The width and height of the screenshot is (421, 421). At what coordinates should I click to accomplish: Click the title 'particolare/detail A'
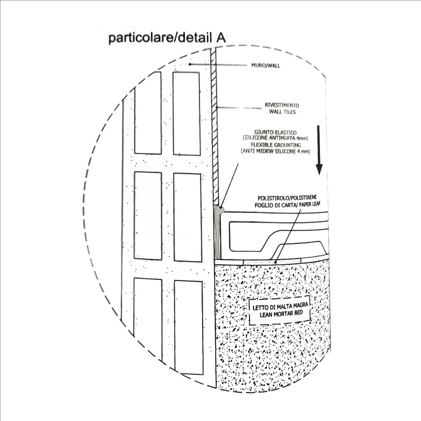[x=167, y=38]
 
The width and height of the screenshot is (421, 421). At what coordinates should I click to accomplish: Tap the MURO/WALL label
[x=266, y=65]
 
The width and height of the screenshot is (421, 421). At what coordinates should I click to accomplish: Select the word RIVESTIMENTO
[x=282, y=105]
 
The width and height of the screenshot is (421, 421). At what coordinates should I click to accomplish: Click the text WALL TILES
[x=283, y=112]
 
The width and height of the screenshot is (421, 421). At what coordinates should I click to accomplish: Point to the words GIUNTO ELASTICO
[x=275, y=133]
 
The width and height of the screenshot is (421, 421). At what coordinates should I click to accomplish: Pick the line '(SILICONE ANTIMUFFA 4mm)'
[x=275, y=138]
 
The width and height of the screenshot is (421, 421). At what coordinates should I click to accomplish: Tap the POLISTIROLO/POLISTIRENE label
[x=287, y=198]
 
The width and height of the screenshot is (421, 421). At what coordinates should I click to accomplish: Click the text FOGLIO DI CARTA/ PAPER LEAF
[x=287, y=205]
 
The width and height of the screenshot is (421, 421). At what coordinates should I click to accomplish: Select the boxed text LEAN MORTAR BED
[x=281, y=313]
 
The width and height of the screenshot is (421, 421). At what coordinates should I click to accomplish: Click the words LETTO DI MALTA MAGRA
[x=280, y=306]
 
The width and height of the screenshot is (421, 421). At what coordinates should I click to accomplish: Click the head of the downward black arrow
[x=319, y=169]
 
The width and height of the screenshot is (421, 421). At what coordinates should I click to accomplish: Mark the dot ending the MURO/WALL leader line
[x=190, y=64]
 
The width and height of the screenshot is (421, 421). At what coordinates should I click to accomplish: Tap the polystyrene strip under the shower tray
[x=272, y=261]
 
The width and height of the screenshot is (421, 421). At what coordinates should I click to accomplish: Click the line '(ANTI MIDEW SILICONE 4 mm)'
[x=275, y=152]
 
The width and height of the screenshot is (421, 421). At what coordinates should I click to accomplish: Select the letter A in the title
[x=221, y=38]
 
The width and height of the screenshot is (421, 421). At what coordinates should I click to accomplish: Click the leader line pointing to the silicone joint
[x=229, y=185]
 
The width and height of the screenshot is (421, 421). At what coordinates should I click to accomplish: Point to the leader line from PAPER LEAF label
[x=288, y=234]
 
